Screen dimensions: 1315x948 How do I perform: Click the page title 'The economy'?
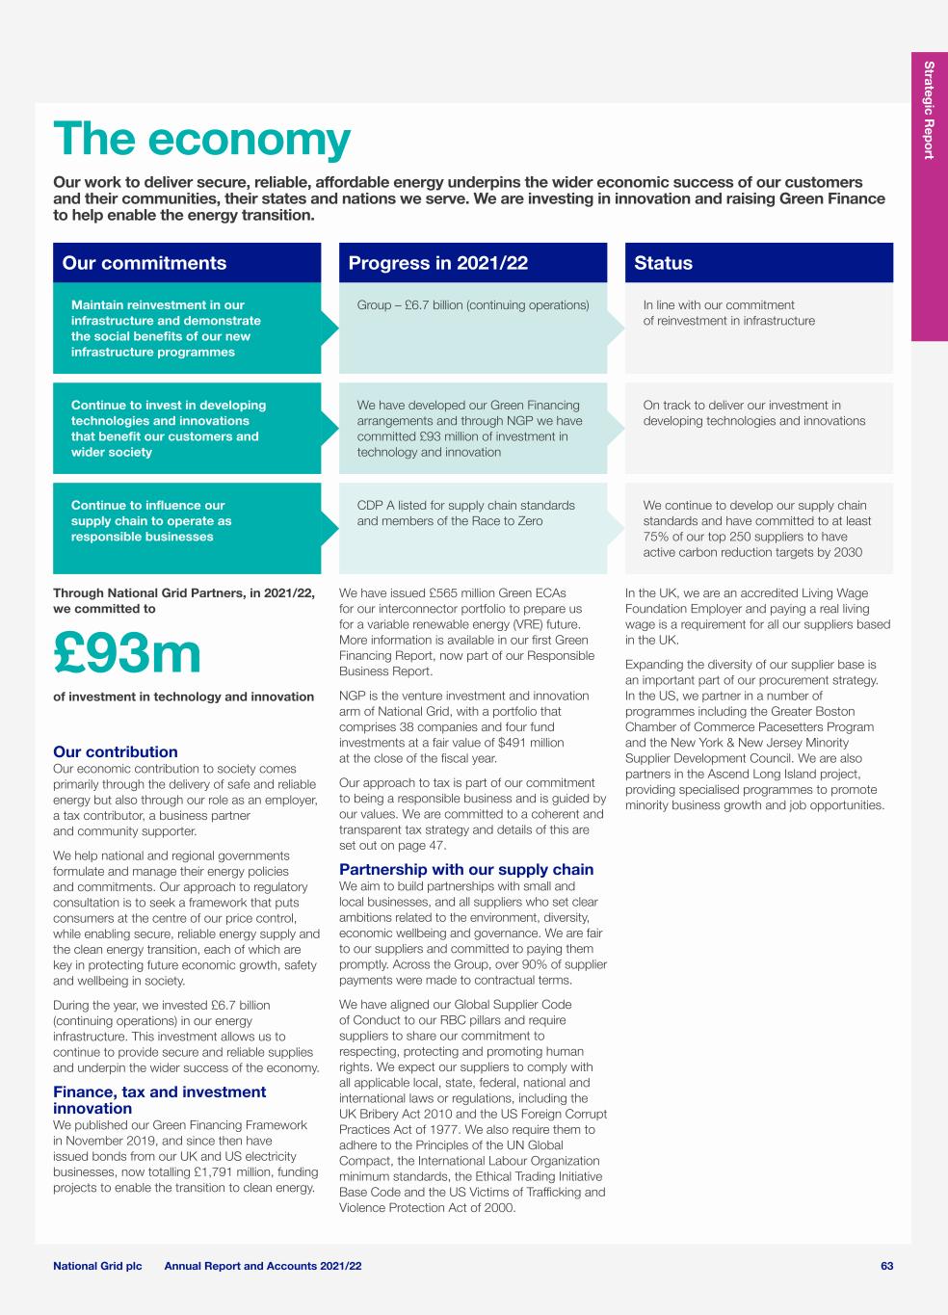click(x=202, y=140)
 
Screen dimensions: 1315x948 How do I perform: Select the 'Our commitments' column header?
click(x=145, y=263)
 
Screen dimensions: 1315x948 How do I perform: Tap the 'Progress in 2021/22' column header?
click(x=438, y=263)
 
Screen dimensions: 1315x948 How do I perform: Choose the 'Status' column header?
click(x=664, y=263)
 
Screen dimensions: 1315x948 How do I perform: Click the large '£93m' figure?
click(x=127, y=653)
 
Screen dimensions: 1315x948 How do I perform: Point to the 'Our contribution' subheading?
click(x=116, y=751)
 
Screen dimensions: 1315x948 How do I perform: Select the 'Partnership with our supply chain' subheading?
click(x=466, y=869)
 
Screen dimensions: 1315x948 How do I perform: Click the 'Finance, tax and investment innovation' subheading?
click(x=159, y=1099)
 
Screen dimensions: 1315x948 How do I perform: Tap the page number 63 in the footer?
click(x=886, y=1266)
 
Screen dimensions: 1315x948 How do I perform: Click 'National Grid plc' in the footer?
click(x=97, y=1266)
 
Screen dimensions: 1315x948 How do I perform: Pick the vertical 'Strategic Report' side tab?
click(x=929, y=110)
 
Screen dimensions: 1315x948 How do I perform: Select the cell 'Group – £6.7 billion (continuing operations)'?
click(x=473, y=305)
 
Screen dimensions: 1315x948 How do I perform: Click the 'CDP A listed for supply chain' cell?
click(x=466, y=513)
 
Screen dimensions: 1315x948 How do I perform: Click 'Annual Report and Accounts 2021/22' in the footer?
click(x=263, y=1266)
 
